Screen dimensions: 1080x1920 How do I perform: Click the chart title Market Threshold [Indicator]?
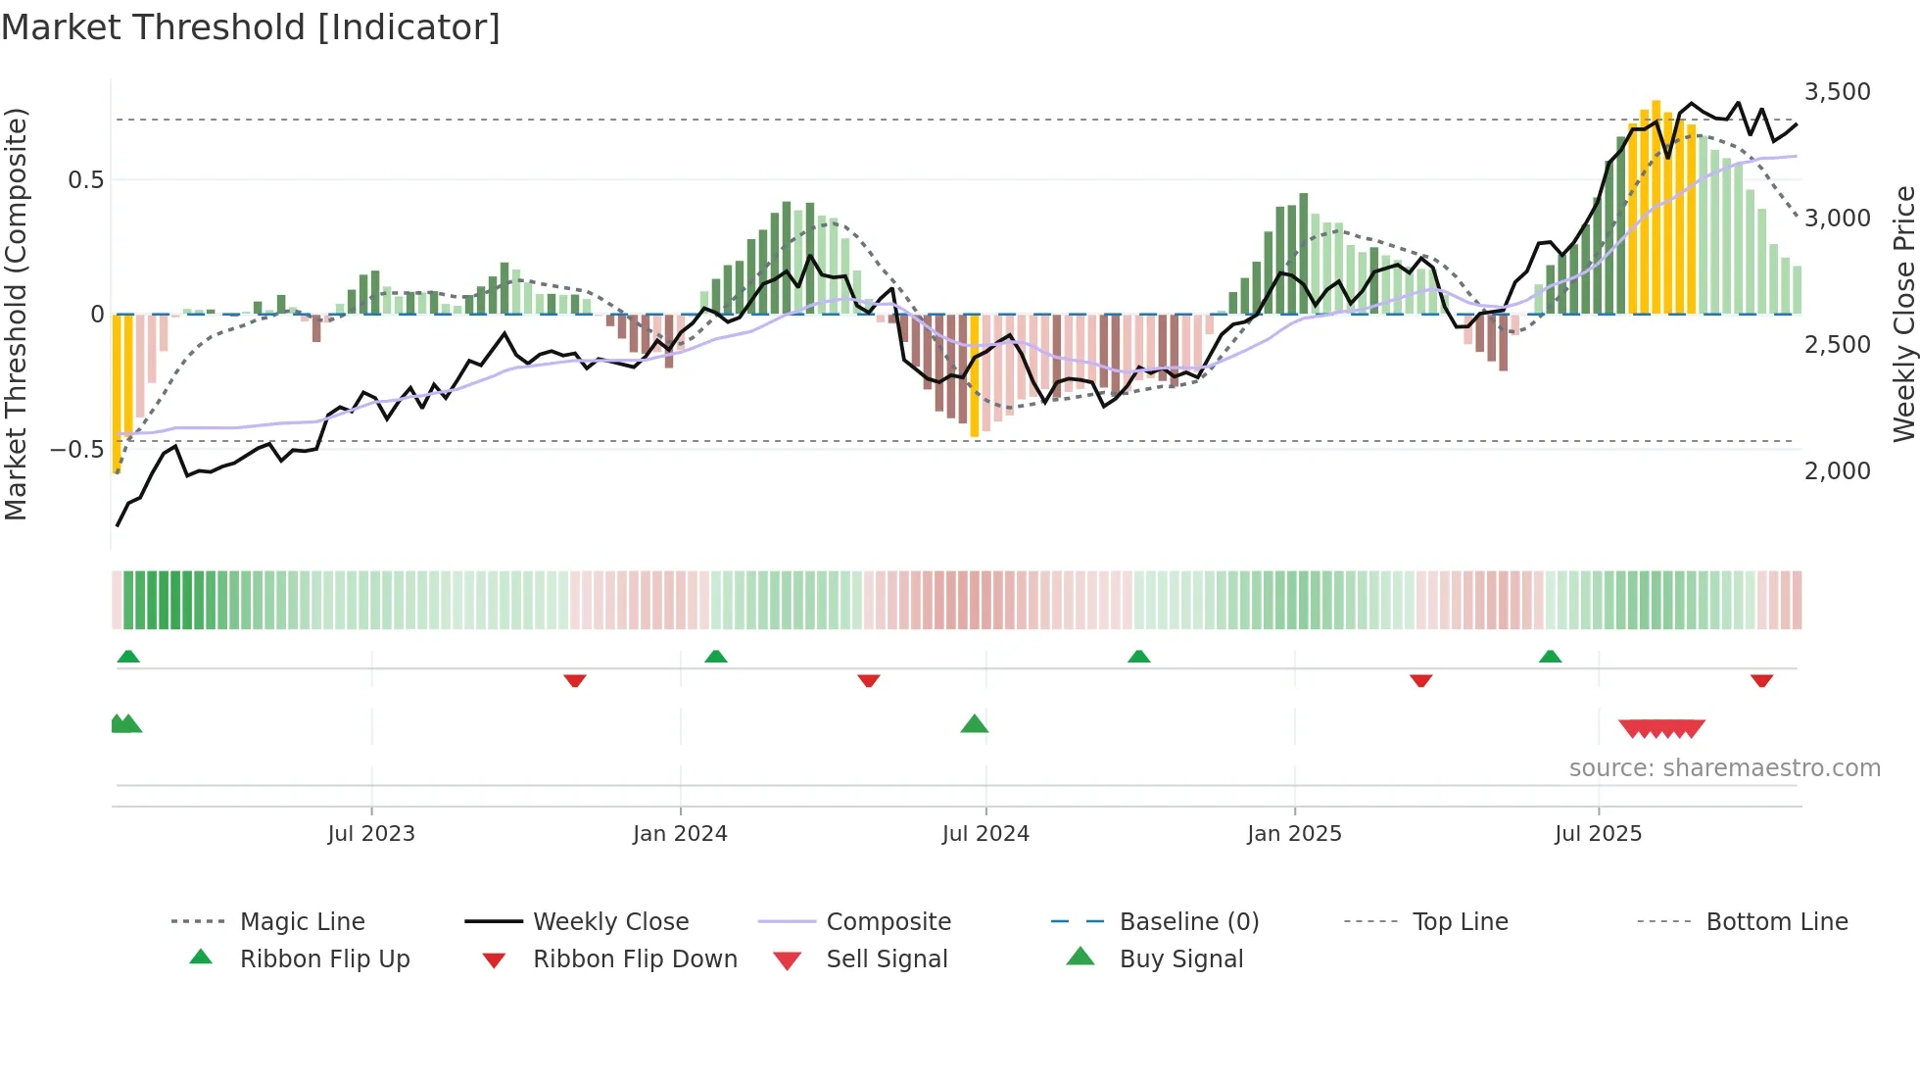point(251,27)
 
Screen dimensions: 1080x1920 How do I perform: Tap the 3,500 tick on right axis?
point(1837,92)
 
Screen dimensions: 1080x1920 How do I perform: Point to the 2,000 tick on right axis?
point(1837,471)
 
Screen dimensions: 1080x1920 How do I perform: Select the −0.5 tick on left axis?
point(76,450)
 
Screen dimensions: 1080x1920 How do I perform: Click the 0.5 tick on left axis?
point(85,180)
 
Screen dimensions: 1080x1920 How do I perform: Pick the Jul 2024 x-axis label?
point(985,834)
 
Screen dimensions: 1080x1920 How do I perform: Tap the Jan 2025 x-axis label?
point(1294,834)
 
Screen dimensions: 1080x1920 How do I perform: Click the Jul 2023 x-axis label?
point(371,834)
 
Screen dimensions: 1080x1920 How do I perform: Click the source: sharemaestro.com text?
point(1724,768)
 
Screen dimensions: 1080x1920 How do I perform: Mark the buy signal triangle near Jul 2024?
point(975,725)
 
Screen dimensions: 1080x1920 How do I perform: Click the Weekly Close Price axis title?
point(1903,314)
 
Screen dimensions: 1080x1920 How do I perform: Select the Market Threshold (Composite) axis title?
point(17,314)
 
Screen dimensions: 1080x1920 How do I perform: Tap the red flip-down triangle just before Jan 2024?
point(575,680)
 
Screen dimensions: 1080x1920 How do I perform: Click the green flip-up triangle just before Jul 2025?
point(1550,657)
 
